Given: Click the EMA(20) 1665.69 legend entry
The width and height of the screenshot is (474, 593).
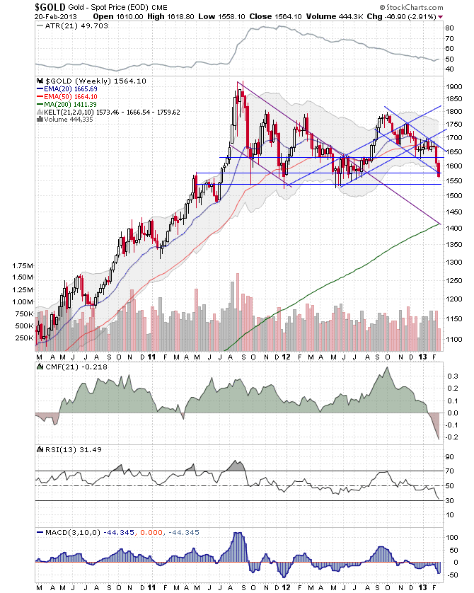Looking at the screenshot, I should click(65, 88).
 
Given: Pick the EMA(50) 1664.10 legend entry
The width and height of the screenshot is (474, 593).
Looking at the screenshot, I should click(65, 96).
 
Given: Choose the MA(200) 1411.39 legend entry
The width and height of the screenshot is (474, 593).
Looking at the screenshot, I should click(65, 104).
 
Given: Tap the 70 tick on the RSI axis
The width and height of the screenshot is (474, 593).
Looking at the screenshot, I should click(449, 471).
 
